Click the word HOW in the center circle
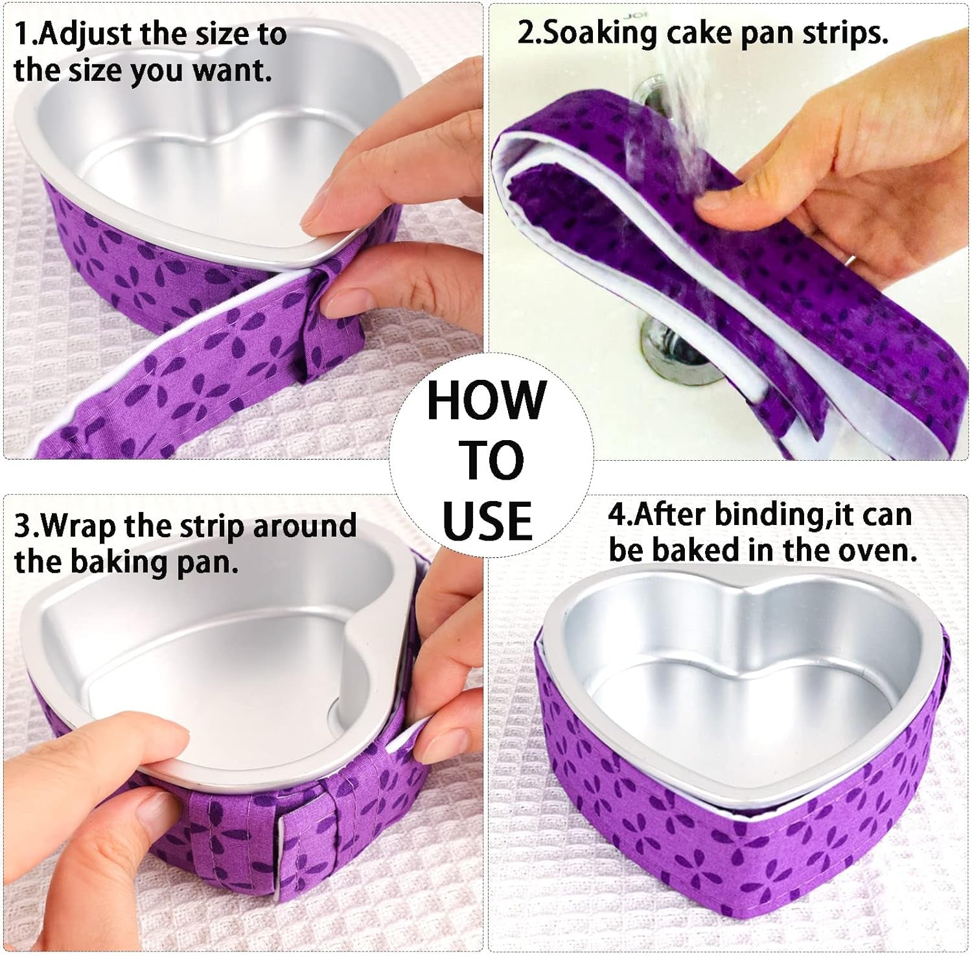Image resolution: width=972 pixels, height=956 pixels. click(486, 401)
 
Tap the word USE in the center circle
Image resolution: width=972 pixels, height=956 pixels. click(487, 521)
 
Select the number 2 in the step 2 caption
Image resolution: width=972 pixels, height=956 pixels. click(524, 32)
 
